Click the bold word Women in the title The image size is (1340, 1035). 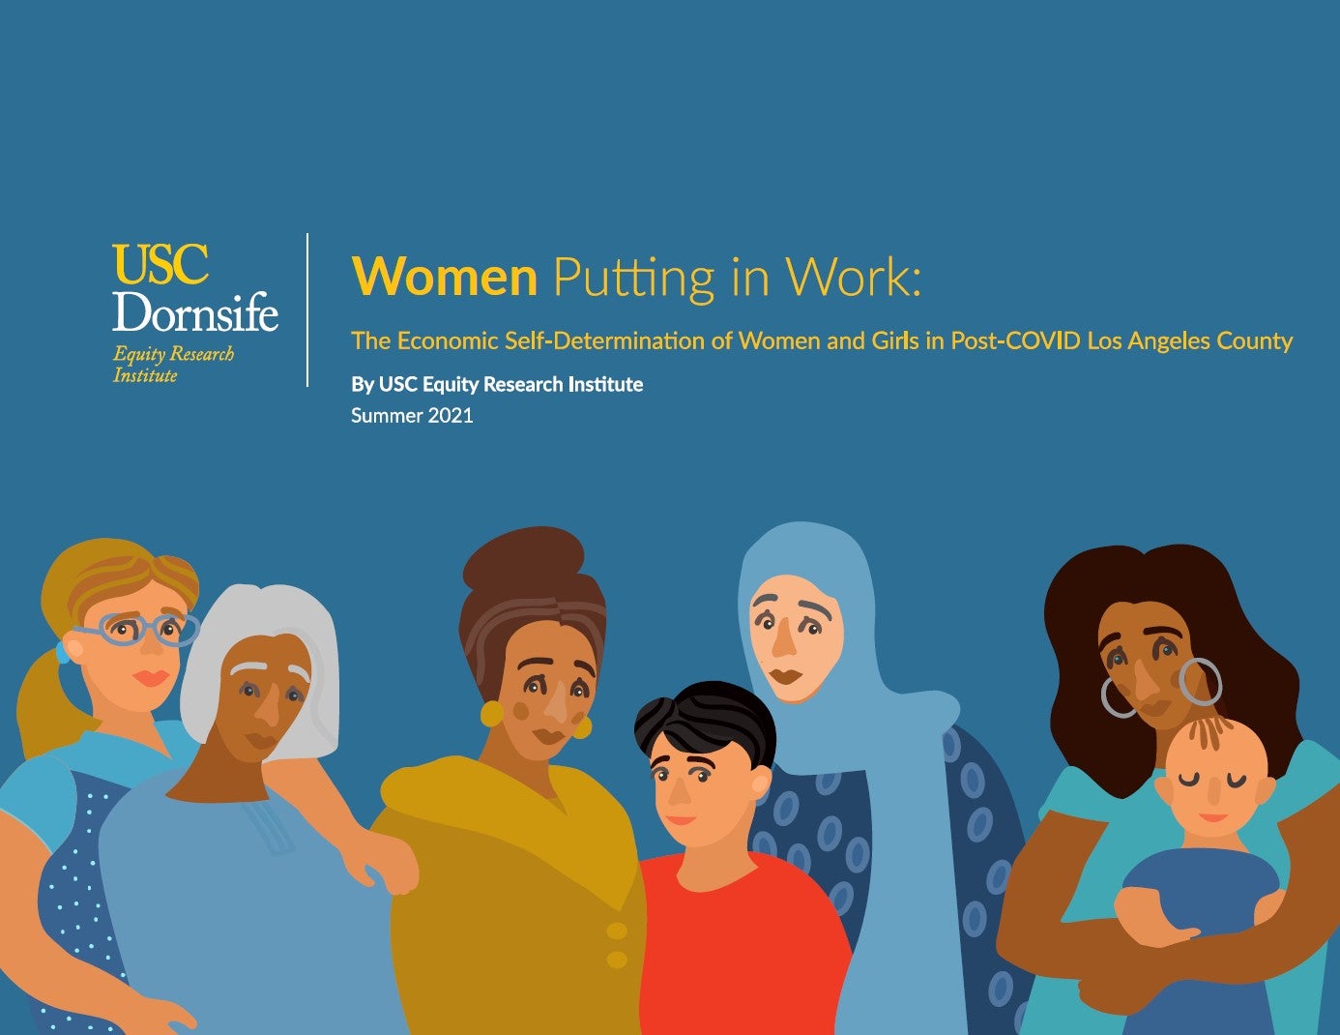445,277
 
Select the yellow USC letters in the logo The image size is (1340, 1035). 160,264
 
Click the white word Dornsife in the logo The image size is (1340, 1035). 195,310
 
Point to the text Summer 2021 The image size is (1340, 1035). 412,416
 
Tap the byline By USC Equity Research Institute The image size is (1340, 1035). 497,384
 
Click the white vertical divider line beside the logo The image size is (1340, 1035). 307,310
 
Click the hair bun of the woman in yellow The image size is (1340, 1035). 523,558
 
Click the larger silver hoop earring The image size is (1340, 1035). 1200,682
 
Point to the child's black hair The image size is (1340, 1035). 706,721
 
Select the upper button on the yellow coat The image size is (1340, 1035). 617,931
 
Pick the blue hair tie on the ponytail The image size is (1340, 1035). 62,652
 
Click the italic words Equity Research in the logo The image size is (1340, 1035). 173,354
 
